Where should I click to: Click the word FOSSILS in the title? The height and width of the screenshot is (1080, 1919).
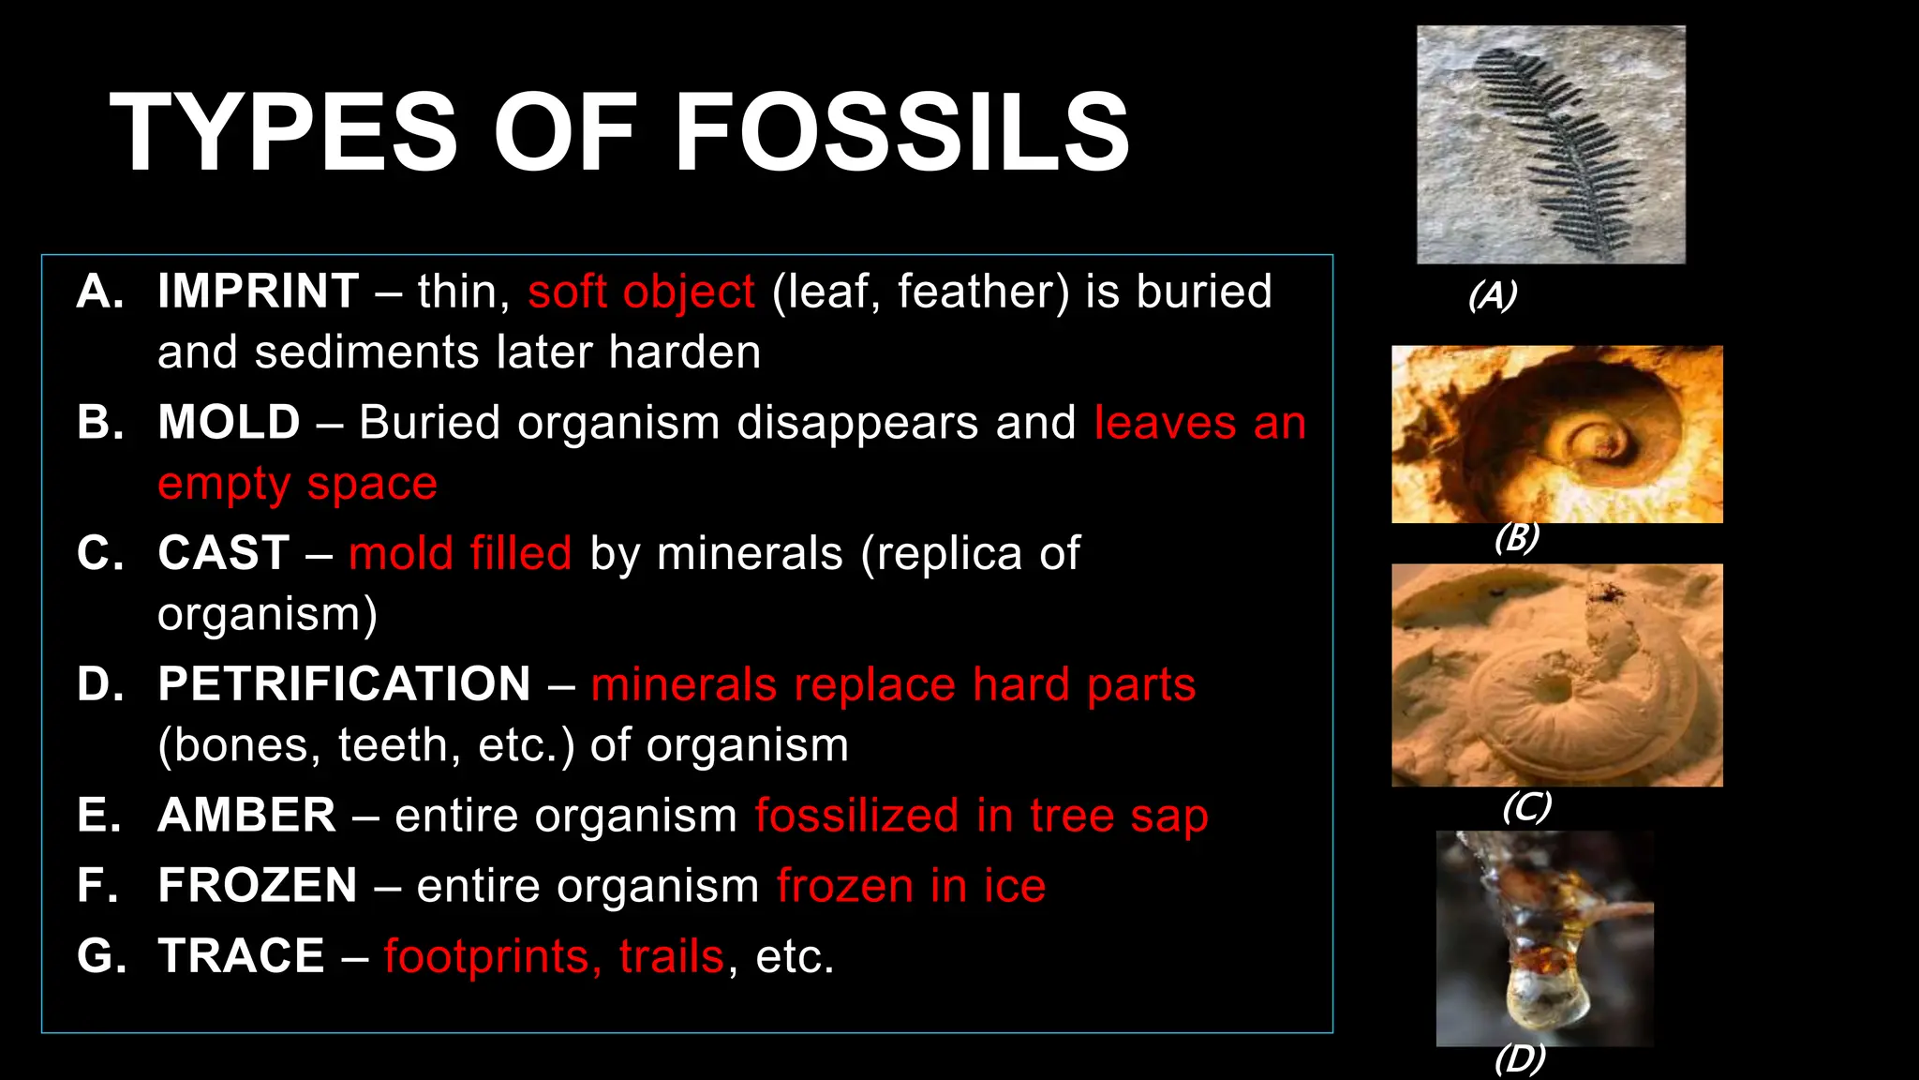(901, 133)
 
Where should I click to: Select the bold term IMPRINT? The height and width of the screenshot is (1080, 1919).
(259, 291)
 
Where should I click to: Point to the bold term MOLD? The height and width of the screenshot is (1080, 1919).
(230, 422)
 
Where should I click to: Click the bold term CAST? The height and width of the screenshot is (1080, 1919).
(223, 552)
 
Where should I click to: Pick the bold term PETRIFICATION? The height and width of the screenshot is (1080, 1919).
(344, 683)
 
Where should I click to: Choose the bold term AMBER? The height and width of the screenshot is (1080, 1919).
(246, 815)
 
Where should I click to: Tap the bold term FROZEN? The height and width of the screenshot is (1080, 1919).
(258, 885)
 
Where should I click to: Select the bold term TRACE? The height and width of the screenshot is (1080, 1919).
(241, 956)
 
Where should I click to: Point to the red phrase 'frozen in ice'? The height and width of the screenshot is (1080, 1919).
(911, 885)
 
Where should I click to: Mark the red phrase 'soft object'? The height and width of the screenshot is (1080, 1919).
(641, 291)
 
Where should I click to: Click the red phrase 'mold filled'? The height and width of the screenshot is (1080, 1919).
(460, 552)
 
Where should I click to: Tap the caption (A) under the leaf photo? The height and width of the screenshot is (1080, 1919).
(1492, 295)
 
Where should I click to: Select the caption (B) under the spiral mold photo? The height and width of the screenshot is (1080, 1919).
(1516, 537)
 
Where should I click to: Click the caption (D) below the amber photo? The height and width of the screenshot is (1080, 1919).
(1519, 1058)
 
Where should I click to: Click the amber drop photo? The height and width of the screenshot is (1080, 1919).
(1544, 938)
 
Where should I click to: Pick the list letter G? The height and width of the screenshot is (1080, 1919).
(100, 956)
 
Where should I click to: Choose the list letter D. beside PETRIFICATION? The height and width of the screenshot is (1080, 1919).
(100, 683)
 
